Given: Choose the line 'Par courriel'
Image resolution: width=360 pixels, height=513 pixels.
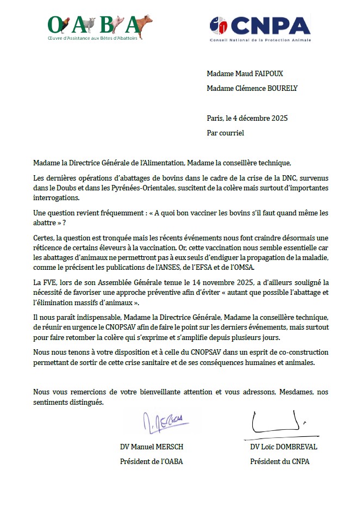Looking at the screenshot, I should [226, 132].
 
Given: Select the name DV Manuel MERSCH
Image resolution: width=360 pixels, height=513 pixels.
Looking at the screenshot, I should [152, 447].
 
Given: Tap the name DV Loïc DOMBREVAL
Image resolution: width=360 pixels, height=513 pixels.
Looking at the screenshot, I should [283, 447].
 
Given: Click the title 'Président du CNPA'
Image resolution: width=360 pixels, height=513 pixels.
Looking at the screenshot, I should [280, 462].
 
